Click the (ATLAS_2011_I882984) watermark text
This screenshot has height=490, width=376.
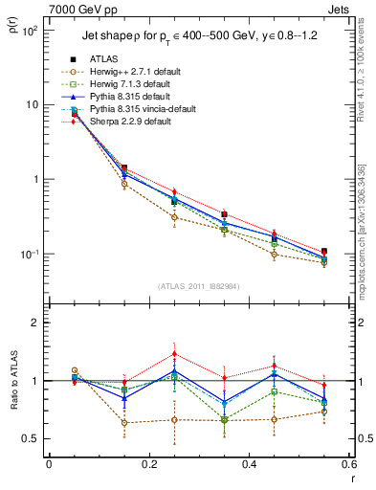[x=199, y=286]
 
